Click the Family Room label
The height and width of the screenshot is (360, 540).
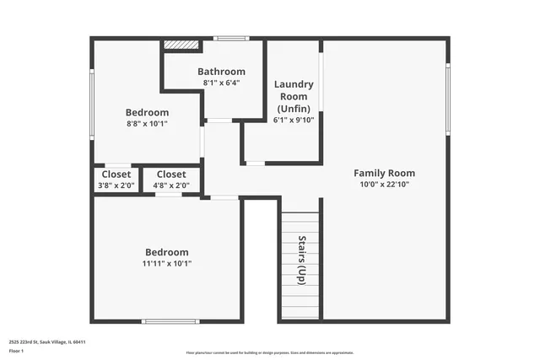(x=384, y=173)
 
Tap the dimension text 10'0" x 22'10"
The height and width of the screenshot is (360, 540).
(x=384, y=184)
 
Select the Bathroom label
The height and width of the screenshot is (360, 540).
(x=222, y=72)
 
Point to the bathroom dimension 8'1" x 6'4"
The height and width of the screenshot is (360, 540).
(x=222, y=83)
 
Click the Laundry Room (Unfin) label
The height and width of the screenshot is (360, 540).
(x=294, y=96)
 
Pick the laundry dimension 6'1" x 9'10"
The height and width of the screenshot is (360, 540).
(x=294, y=120)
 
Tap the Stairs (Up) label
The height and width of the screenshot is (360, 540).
(x=300, y=258)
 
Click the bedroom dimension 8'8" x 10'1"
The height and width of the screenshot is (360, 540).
(x=147, y=124)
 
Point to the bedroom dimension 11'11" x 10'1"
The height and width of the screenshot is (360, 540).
(x=167, y=263)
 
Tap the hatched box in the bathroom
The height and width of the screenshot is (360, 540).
(x=180, y=45)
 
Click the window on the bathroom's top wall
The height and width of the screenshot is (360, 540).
(x=230, y=38)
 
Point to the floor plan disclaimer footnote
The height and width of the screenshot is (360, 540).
(x=270, y=352)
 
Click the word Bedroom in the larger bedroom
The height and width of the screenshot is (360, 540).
(x=167, y=252)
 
